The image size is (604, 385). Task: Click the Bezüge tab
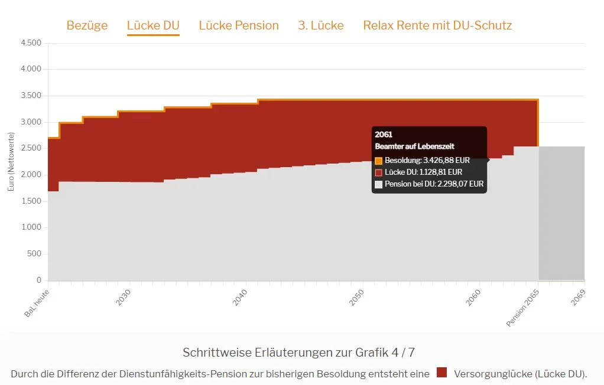tap(87, 25)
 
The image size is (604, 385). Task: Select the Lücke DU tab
tap(153, 25)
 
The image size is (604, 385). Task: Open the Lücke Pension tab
tap(239, 25)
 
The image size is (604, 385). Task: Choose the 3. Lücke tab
tap(321, 25)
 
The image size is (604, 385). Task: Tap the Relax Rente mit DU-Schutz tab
tap(437, 25)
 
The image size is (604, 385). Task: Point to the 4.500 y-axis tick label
tap(31, 43)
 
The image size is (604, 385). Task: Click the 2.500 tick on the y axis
tap(31, 148)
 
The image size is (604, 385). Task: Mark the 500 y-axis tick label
tap(34, 254)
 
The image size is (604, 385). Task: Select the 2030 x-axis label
tap(124, 298)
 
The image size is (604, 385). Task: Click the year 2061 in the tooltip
tap(384, 135)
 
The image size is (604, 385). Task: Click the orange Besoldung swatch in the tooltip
tap(379, 161)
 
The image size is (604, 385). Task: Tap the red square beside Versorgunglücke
tap(441, 373)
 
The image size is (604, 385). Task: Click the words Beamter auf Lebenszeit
tap(414, 146)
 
